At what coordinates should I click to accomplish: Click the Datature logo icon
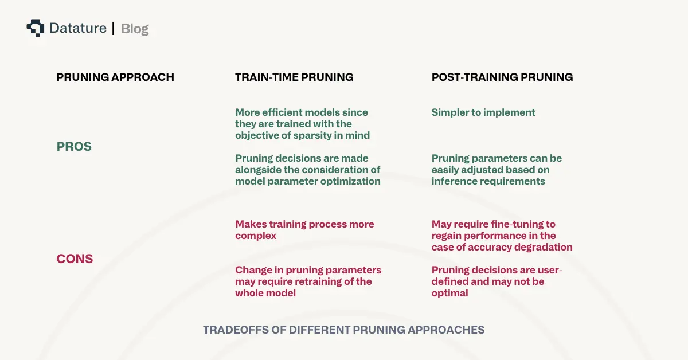click(x=35, y=28)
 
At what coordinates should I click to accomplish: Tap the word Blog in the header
click(x=135, y=28)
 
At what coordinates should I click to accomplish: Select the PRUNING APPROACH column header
click(x=115, y=77)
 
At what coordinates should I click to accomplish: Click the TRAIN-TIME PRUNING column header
click(x=294, y=77)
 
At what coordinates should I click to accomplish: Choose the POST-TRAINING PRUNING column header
click(x=502, y=77)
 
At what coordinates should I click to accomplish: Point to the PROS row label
click(x=74, y=147)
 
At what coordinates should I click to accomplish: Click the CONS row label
click(x=75, y=259)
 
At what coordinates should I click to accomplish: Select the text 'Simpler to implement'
click(x=483, y=112)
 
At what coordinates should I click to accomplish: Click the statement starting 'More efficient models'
click(x=302, y=124)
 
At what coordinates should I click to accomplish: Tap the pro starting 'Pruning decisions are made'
click(x=307, y=170)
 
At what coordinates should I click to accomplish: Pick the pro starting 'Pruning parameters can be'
click(x=497, y=170)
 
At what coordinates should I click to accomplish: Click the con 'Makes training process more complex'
click(x=304, y=230)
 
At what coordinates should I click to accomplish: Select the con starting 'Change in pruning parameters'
click(x=308, y=281)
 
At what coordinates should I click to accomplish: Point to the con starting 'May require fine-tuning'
click(x=502, y=236)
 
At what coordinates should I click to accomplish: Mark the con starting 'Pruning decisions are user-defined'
click(x=497, y=281)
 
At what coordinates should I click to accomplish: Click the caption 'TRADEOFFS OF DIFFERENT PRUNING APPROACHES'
click(x=344, y=330)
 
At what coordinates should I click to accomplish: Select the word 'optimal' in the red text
click(x=450, y=293)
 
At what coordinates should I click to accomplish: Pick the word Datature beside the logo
click(x=78, y=28)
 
